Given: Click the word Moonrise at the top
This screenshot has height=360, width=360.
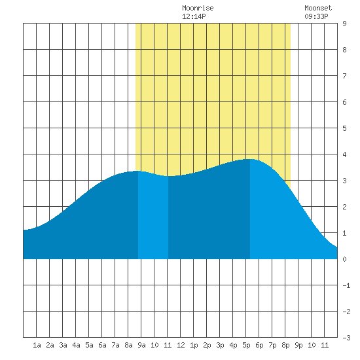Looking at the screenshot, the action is (x=198, y=8).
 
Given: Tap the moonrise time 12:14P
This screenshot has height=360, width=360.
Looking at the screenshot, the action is (x=194, y=16).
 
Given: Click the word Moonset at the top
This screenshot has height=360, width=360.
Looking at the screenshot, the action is (x=318, y=8).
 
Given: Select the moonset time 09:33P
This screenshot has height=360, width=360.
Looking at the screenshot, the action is (x=316, y=16).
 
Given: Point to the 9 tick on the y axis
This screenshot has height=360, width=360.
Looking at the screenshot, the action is (x=344, y=24).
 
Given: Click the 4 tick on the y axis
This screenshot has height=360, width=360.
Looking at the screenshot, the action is (x=344, y=154).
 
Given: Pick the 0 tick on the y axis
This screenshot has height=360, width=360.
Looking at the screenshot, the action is (x=344, y=259).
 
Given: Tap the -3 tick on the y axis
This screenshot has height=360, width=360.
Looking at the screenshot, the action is (x=346, y=338).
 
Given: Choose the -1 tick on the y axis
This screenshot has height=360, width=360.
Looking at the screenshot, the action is (x=346, y=285).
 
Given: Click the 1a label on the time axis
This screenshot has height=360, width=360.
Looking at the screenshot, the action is (x=37, y=345).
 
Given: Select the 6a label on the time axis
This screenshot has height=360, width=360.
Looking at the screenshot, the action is (x=102, y=345).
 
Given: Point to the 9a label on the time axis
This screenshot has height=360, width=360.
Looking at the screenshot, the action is (x=141, y=345).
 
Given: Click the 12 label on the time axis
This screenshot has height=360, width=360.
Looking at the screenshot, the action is (x=181, y=345).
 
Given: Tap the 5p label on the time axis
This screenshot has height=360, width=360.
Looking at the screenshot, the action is (x=246, y=345).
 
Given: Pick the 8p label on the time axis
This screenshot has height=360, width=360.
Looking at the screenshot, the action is (x=285, y=345).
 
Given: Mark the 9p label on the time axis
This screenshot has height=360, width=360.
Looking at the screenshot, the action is (x=298, y=345).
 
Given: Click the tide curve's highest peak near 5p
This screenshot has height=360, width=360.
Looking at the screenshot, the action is (x=250, y=159).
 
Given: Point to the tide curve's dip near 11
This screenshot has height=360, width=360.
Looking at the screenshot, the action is (x=168, y=176).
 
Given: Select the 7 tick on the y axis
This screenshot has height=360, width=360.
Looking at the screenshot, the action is (x=344, y=76).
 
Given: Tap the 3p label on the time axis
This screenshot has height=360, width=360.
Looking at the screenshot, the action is (x=220, y=345).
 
